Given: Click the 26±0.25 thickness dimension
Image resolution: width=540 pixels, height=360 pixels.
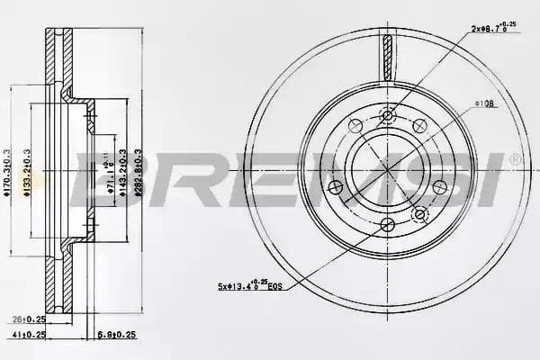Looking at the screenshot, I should (30, 319).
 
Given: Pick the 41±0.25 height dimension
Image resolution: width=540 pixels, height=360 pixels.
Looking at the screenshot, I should (30, 334).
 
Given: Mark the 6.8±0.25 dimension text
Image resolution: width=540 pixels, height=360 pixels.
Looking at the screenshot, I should (115, 334).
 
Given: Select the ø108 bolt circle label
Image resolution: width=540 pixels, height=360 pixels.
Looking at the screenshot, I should (485, 104).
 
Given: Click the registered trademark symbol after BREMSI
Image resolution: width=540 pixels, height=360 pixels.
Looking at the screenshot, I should (515, 159).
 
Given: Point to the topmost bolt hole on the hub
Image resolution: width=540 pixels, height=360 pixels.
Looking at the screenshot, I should (388, 114).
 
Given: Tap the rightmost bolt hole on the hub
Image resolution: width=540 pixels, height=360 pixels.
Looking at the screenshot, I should (440, 186).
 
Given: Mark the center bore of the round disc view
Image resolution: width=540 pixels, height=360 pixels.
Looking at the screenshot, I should (388, 167).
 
